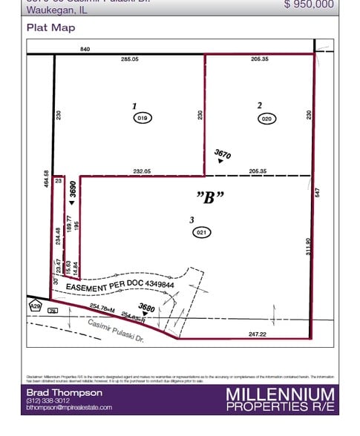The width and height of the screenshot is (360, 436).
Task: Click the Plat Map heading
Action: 51,28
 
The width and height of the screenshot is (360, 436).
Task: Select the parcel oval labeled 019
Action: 143,118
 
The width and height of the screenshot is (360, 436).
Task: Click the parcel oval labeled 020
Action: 267,118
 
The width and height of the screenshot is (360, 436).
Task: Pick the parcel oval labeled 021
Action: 200,232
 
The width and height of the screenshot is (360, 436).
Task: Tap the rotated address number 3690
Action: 73,191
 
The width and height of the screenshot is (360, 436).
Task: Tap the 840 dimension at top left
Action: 85,49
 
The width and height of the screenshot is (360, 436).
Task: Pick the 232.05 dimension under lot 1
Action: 142,171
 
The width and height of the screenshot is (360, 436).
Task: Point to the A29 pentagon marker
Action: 35,305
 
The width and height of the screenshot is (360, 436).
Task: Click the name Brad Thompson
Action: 65,392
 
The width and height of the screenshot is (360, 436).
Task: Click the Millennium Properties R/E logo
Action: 280,399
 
